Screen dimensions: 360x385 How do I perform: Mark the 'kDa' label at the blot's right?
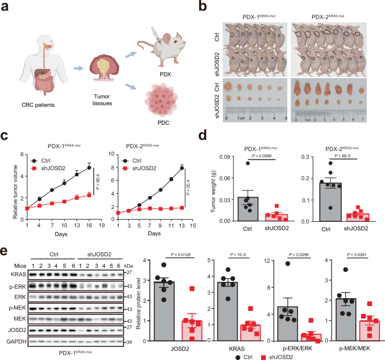pyautogui.click(x=129, y=265)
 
